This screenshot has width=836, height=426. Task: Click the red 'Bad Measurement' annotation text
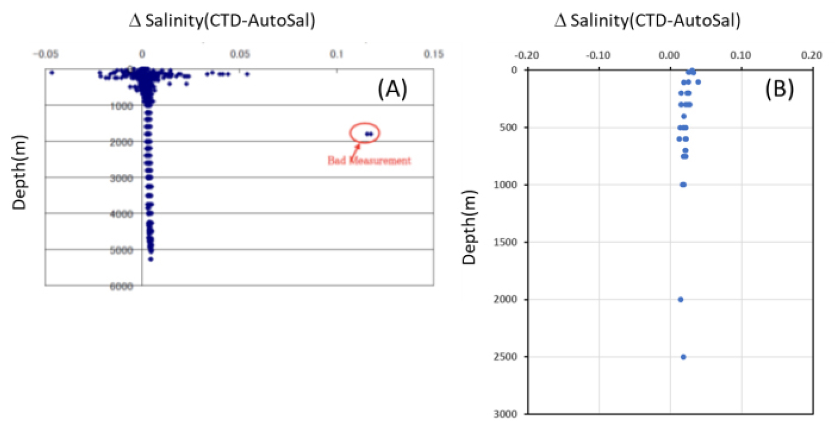[369, 161]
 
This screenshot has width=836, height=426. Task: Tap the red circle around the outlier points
[364, 133]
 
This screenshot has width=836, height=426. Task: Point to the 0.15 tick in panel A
[434, 54]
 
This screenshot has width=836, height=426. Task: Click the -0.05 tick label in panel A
[46, 54]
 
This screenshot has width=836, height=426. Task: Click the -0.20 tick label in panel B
[527, 55]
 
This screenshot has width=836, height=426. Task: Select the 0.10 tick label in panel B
[741, 55]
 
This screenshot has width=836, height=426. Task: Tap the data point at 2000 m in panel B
[680, 300]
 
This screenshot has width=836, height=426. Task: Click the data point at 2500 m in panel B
[683, 357]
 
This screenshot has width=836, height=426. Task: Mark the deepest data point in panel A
[150, 259]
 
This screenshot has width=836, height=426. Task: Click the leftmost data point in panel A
[52, 73]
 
